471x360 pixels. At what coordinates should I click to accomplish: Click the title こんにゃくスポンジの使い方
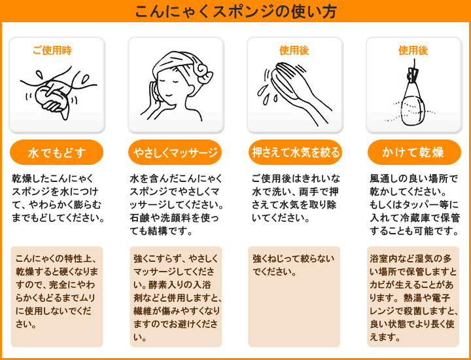pyautogui.click(x=235, y=11)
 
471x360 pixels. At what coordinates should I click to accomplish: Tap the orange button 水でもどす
pyautogui.click(x=56, y=153)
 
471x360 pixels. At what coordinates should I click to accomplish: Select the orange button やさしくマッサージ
pyautogui.click(x=175, y=153)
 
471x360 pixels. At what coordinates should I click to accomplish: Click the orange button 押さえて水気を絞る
pyautogui.click(x=296, y=153)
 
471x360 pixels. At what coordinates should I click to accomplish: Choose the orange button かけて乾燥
pyautogui.click(x=414, y=153)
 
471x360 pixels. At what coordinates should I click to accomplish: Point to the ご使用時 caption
pyautogui.click(x=52, y=50)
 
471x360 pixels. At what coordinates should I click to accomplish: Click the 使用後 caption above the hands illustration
pyautogui.click(x=294, y=50)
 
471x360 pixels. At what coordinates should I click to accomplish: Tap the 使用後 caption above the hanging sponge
pyautogui.click(x=413, y=50)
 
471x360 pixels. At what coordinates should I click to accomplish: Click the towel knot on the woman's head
pyautogui.click(x=204, y=71)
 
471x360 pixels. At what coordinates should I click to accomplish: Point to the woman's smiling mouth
pyautogui.click(x=169, y=95)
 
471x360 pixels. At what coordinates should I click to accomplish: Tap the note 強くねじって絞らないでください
pyautogui.click(x=293, y=264)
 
